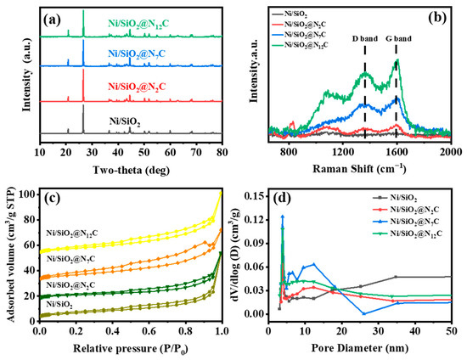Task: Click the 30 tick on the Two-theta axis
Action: point(93,154)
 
